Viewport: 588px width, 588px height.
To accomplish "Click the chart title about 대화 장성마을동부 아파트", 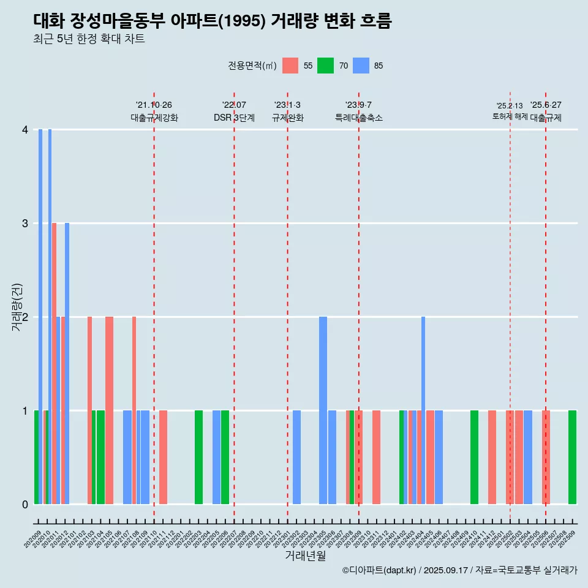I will point(212,21).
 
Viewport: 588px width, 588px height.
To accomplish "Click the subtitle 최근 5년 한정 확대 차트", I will point(89,39).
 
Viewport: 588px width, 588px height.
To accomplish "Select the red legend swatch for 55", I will point(290,66).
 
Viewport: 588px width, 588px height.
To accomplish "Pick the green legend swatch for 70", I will point(325,66).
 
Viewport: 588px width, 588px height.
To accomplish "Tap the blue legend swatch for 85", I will point(361,66).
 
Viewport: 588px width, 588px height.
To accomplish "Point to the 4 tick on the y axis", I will point(25,130).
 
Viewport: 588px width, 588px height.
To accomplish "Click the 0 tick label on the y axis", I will point(25,504).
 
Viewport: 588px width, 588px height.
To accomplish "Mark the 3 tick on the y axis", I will point(25,224).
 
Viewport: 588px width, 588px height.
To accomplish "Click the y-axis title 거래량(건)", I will point(17,306).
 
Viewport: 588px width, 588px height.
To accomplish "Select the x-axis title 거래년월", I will point(305,556).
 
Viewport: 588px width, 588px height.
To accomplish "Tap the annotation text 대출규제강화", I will point(154,118).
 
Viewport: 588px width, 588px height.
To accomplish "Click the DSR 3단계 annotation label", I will point(234,118).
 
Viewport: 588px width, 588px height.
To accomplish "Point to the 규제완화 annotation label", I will point(287,118).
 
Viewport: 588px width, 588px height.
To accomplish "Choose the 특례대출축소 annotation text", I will point(358,118).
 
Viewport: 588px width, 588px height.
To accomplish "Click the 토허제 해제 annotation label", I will point(510,116).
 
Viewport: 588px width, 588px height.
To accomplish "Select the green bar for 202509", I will point(572,457).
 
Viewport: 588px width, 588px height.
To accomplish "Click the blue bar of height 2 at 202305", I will point(323,410).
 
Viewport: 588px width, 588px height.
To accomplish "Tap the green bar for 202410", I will point(474,457).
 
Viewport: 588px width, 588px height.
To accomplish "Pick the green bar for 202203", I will point(198,457).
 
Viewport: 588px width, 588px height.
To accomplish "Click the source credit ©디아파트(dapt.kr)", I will point(379,570).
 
